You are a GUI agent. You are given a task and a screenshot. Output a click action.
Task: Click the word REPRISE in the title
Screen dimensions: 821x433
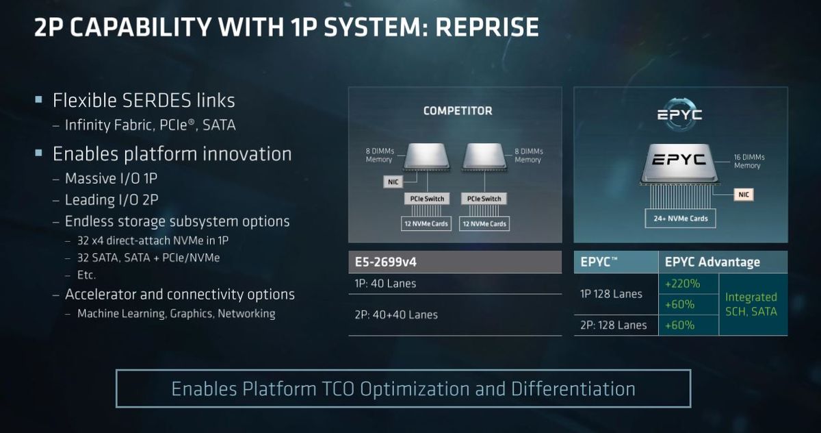(486, 27)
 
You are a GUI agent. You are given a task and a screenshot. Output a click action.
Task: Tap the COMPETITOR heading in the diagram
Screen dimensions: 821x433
(458, 111)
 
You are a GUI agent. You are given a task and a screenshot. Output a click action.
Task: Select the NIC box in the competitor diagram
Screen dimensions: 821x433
(393, 182)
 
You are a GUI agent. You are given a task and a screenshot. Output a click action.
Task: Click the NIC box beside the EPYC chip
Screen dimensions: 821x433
(744, 195)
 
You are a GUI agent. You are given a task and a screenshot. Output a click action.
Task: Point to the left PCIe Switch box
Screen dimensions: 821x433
(427, 199)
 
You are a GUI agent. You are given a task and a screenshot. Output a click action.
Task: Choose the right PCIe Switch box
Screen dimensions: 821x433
(484, 199)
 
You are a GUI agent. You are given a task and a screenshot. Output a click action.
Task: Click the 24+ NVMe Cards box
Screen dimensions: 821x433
(680, 219)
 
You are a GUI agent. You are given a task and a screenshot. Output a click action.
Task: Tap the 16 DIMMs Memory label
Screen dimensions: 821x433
(749, 162)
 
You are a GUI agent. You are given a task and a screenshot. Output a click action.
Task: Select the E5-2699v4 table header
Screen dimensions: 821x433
(455, 262)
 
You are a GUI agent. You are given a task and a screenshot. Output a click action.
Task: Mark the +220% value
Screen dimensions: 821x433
(683, 284)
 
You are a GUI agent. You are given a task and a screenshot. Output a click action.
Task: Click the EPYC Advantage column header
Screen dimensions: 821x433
(712, 262)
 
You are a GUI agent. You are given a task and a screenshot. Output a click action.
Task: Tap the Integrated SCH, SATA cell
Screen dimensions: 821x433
(751, 304)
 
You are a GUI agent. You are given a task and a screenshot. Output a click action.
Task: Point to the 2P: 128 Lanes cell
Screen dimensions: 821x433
(614, 325)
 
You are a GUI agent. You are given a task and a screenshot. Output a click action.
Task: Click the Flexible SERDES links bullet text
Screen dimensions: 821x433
(144, 100)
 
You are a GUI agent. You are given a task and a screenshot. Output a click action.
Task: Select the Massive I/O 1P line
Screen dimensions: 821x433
(111, 178)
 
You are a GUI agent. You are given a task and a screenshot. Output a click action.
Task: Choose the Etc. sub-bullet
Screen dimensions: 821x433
(86, 275)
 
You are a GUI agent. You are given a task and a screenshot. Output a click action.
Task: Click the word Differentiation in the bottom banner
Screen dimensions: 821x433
(573, 389)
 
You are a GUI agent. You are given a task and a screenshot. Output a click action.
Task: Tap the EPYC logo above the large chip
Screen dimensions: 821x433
(680, 114)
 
